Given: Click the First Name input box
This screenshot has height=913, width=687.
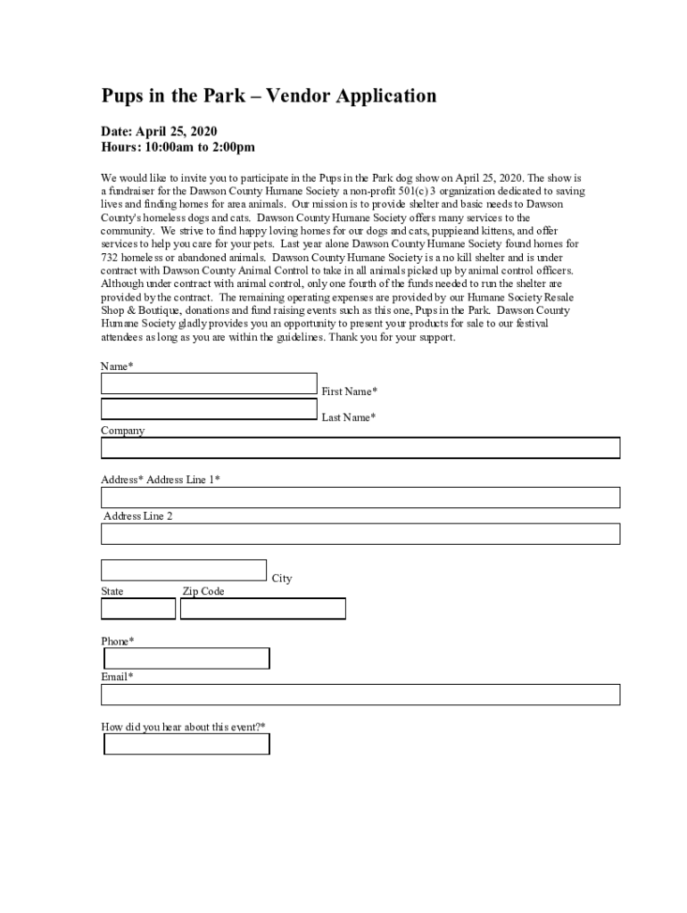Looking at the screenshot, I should point(209,383).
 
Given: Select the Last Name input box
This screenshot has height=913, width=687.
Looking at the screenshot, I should point(209,409).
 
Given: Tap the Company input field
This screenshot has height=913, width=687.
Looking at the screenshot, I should point(360,448).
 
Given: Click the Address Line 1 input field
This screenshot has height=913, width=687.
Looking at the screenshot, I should point(360,498).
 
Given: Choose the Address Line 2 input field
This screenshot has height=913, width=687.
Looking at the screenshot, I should point(360,534).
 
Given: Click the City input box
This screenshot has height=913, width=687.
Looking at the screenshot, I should point(184,570).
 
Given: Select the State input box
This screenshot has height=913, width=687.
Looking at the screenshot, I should point(138,609).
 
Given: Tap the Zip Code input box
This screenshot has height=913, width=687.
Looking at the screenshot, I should point(263,609).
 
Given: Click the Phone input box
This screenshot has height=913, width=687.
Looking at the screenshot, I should point(187,659).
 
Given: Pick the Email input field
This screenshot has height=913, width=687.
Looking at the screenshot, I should point(360,695).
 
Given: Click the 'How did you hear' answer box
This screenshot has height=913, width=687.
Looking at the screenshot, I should point(187,744).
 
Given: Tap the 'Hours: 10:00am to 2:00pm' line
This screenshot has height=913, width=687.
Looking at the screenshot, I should point(178,147).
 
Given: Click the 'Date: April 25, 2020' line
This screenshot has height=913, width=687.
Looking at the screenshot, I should point(159,131).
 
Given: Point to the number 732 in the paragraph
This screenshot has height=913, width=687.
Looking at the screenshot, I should point(110,258).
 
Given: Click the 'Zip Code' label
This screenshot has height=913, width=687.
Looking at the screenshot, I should point(203,591).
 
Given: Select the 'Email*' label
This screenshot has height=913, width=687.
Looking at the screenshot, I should point(118,677).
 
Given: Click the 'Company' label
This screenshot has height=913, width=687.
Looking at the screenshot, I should point(122,431).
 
